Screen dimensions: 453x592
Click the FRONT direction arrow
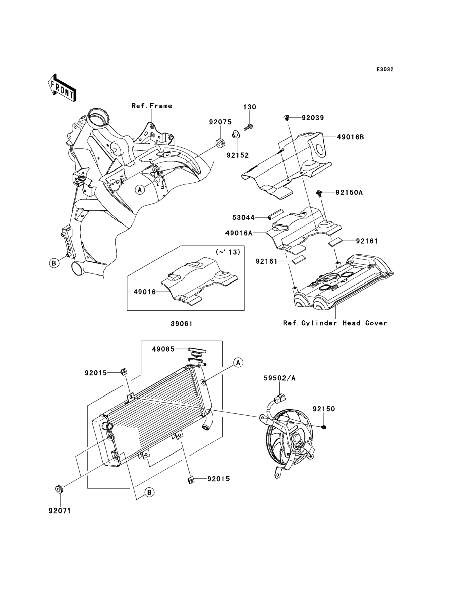(62, 88)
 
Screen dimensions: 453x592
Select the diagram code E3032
(385, 70)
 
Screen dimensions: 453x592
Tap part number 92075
(220, 122)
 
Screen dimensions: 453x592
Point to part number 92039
(313, 118)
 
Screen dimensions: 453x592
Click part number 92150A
(349, 193)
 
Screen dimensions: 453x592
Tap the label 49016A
(239, 233)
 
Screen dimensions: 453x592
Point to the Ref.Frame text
(152, 106)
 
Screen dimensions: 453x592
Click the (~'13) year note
(228, 252)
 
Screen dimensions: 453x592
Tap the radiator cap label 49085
(163, 349)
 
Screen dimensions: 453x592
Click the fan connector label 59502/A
(280, 378)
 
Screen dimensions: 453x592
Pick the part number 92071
(60, 511)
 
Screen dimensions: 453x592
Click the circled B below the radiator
(149, 492)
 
